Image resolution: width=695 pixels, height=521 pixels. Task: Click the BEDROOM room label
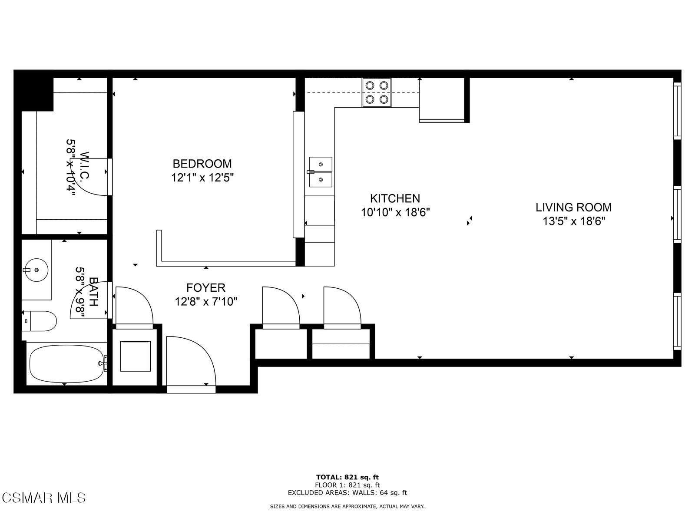202,164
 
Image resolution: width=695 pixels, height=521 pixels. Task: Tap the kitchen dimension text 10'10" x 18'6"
395,213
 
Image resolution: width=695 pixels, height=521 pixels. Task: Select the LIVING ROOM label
573,207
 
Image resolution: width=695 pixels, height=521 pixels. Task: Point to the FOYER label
206,287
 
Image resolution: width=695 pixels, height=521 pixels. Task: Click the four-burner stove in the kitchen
377,92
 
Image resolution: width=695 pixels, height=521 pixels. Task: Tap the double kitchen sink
321,171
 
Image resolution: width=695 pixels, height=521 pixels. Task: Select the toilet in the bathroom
39,321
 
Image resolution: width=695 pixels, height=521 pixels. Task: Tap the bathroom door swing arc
89,300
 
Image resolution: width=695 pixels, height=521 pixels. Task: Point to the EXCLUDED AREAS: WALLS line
347,493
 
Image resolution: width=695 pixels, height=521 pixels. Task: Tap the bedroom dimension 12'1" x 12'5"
202,178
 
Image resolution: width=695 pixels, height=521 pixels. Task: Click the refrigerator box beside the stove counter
442,100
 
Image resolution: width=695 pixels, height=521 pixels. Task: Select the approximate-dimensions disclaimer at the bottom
347,506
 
